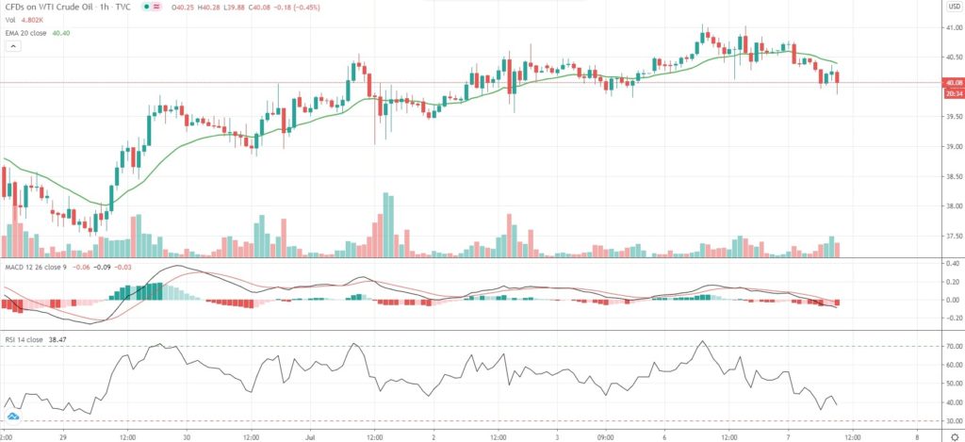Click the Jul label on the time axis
click(312, 437)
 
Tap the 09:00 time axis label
click(606, 437)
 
